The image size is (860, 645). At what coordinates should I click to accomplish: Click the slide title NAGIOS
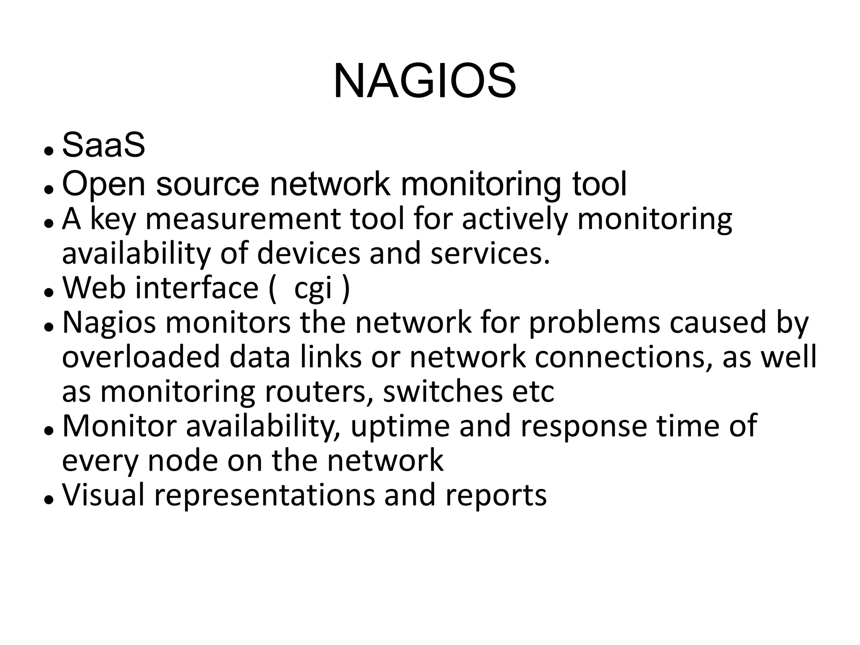tap(424, 81)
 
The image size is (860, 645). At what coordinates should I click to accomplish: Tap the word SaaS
tap(104, 145)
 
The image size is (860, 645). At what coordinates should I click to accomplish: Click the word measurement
tap(243, 219)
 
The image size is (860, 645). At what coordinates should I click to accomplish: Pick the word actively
tap(514, 219)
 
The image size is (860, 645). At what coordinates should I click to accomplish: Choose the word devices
tap(308, 253)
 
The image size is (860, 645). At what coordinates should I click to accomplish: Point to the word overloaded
tap(141, 357)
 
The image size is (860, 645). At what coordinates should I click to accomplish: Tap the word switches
tap(443, 391)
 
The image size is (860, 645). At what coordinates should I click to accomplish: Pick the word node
tap(183, 461)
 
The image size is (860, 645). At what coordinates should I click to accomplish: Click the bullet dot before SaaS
tap(49, 151)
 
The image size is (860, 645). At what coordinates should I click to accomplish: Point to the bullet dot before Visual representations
tap(49, 500)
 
